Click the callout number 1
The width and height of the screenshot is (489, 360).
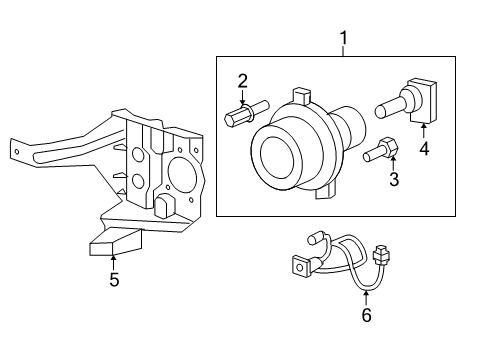343,38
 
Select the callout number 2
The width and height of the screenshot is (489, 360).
242,81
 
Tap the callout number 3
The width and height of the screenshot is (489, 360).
394,179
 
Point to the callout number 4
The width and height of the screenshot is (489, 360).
424,149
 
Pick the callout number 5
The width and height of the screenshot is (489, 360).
114,279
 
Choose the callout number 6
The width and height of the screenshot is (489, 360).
366,315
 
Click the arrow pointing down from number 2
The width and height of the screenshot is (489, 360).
242,98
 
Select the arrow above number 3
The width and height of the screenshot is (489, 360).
393,162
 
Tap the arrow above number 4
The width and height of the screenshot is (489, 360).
424,131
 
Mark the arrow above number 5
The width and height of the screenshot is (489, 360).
114,262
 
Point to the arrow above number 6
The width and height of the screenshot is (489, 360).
366,298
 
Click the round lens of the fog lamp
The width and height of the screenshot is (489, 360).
277,160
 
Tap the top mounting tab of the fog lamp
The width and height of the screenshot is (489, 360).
301,96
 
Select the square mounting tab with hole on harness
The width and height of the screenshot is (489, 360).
301,266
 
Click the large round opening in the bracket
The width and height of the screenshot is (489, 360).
183,173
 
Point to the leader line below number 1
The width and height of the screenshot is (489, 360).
343,51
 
